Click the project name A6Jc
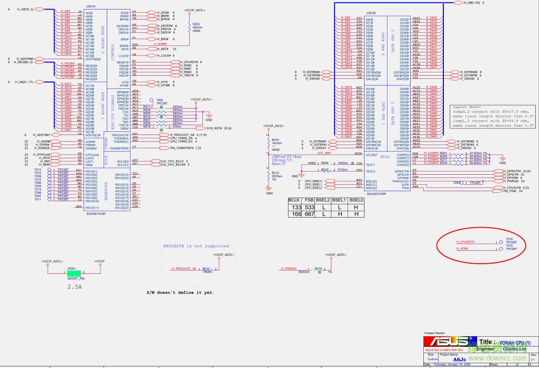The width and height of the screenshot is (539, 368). coord(459,359)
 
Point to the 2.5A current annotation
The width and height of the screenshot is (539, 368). coord(75,286)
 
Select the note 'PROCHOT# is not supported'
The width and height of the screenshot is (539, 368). coord(196,246)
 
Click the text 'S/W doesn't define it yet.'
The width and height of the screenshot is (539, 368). coord(180,293)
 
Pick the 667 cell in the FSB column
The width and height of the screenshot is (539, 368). coord(310,214)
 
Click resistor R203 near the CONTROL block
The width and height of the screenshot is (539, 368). coord(196,24)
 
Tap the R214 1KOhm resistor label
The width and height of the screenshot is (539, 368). coord(275,142)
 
